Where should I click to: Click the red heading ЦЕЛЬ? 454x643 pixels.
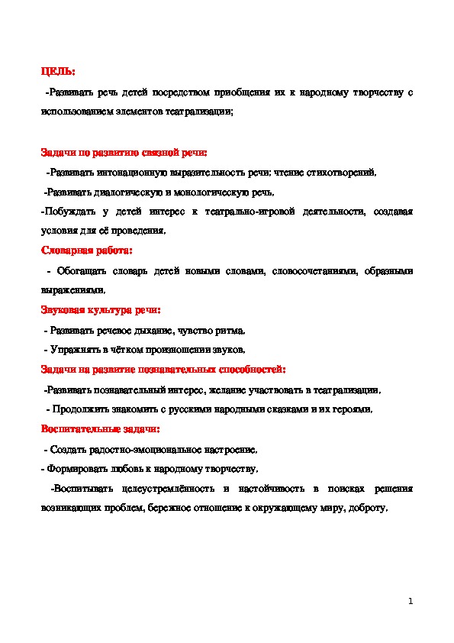click(57, 72)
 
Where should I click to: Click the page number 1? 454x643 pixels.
click(411, 602)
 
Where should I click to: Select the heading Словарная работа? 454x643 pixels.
click(86, 250)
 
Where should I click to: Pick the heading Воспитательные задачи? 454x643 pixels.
click(100, 429)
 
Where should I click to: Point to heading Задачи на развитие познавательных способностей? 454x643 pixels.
click(163, 370)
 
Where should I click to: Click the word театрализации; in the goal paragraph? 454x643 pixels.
click(206, 111)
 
